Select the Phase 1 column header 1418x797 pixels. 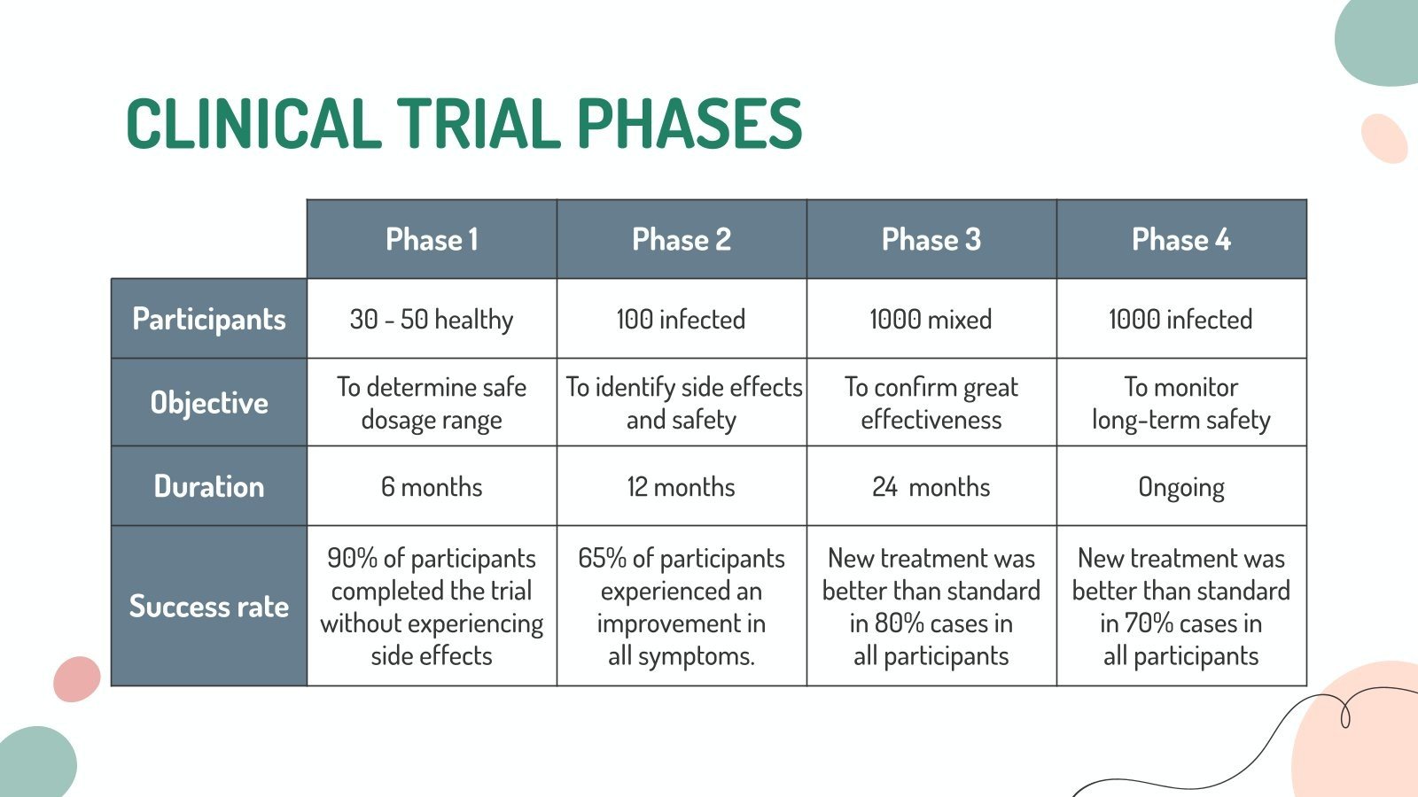click(432, 239)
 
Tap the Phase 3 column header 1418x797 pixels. click(931, 239)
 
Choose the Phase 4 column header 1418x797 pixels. click(1180, 239)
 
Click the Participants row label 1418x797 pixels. click(209, 319)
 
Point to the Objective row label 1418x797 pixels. click(209, 403)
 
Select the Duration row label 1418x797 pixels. click(209, 486)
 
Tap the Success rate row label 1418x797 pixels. click(209, 607)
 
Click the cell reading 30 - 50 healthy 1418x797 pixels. click(432, 319)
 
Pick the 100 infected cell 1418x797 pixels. click(681, 319)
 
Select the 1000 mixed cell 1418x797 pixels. click(931, 319)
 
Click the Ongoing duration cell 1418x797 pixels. click(1180, 487)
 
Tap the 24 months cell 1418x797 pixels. click(931, 487)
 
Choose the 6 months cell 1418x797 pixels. click(432, 487)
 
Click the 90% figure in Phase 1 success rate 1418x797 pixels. click(352, 559)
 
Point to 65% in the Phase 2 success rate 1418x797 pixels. click(602, 559)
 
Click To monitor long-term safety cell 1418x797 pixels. click(1180, 403)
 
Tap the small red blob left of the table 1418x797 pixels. click(77, 679)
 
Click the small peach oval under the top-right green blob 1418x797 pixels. click(1384, 138)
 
